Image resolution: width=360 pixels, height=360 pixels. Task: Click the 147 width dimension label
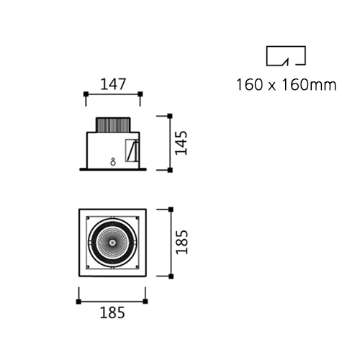coord(113,84)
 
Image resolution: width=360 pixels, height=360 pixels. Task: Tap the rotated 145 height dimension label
coord(181,143)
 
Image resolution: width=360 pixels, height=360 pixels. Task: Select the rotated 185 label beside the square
coord(181,242)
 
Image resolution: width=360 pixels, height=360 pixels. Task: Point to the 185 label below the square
coord(112,312)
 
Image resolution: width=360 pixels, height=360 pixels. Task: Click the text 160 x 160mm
coord(287,85)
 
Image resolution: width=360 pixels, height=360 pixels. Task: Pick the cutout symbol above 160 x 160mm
coord(286,55)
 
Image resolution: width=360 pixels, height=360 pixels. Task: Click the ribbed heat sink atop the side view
coord(113,125)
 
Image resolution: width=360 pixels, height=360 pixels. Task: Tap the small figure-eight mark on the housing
coord(113,162)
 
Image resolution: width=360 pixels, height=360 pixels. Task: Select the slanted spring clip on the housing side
coord(132,150)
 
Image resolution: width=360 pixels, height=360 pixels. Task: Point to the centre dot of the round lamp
coord(112,243)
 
